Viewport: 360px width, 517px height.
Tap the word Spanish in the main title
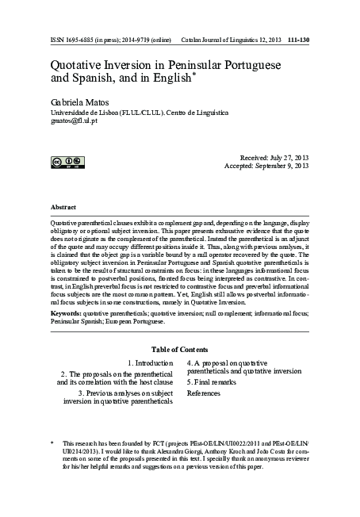tap(109, 79)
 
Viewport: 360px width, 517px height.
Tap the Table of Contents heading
tap(180, 350)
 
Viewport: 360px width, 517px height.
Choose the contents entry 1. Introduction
tap(150, 362)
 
